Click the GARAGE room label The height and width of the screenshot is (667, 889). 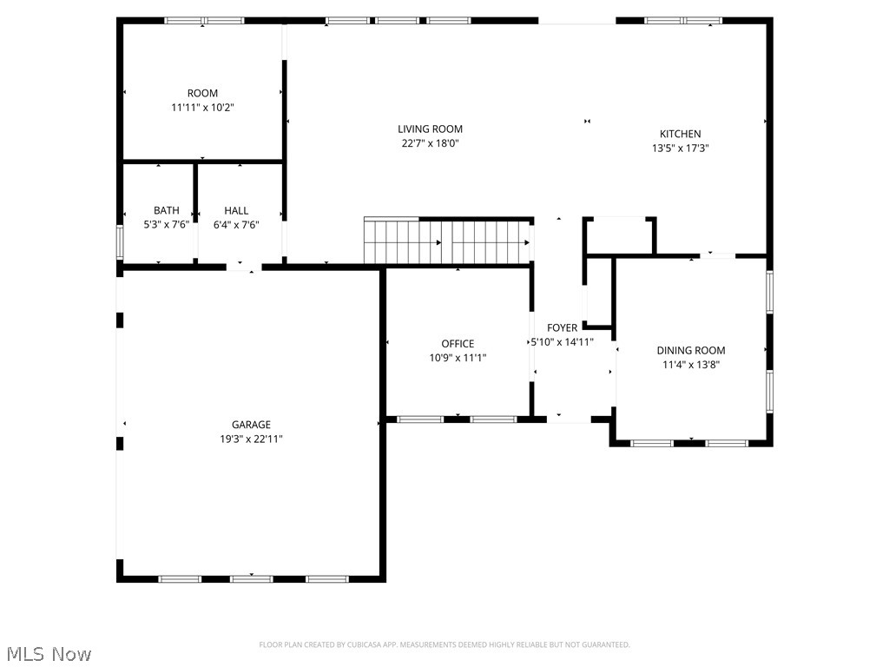pyautogui.click(x=251, y=425)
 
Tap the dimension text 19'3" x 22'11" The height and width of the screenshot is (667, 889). pyautogui.click(x=251, y=439)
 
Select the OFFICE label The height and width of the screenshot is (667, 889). pyautogui.click(x=458, y=344)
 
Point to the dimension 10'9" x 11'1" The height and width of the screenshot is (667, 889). pyautogui.click(x=458, y=357)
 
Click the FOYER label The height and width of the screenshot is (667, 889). pyautogui.click(x=562, y=327)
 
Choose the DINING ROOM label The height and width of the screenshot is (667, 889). pyautogui.click(x=690, y=351)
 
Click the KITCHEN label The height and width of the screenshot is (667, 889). pyautogui.click(x=680, y=134)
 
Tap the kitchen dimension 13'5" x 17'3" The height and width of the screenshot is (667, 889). pyautogui.click(x=680, y=148)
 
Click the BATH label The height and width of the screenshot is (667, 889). pyautogui.click(x=167, y=210)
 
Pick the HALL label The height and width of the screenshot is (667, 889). pyautogui.click(x=236, y=210)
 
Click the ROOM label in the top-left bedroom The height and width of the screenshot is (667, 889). pyautogui.click(x=202, y=93)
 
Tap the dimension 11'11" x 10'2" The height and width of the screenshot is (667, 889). pyautogui.click(x=202, y=107)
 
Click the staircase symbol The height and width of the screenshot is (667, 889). pyautogui.click(x=447, y=241)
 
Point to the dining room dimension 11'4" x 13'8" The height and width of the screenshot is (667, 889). pyautogui.click(x=690, y=365)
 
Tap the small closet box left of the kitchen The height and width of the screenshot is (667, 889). pyautogui.click(x=620, y=235)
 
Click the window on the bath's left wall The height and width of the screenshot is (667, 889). pyautogui.click(x=121, y=242)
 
